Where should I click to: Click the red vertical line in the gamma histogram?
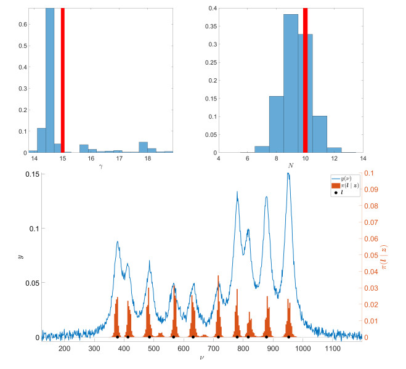[x=63, y=80]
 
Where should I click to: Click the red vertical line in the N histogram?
[x=305, y=80]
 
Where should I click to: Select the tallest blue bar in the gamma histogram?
[x=50, y=80]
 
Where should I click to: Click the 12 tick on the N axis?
[x=334, y=159]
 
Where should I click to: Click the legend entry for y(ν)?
[x=344, y=178]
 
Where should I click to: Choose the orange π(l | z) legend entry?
[x=344, y=185]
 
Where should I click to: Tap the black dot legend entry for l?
[x=344, y=193]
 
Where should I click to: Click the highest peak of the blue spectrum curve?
[x=288, y=174]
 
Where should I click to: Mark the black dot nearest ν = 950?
[x=288, y=337]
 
